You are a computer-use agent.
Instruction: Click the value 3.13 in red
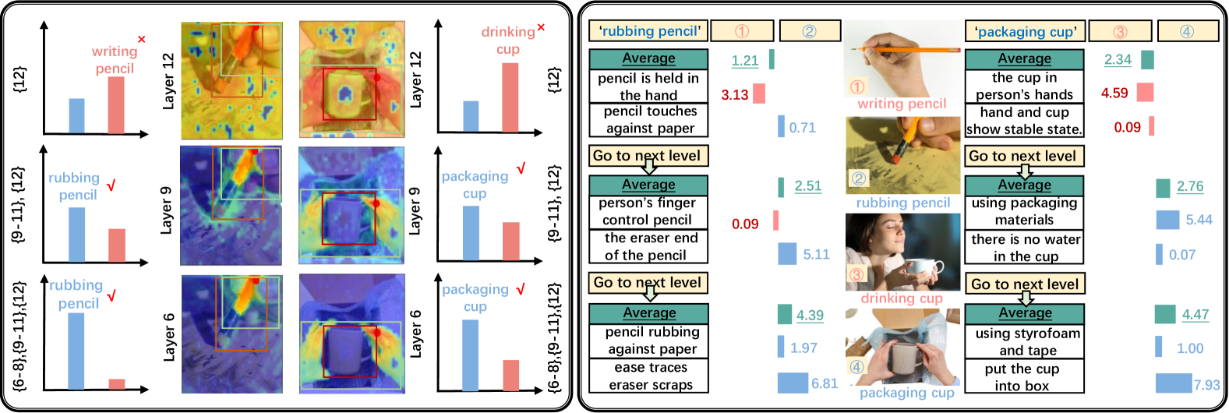pos(734,95)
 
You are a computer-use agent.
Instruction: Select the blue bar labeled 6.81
pos(793,383)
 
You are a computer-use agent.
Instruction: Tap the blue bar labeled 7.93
pos(1174,383)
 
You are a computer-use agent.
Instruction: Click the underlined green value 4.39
pos(809,316)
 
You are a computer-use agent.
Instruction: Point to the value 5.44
pos(1199,220)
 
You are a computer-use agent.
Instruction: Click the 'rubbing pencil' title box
pos(648,31)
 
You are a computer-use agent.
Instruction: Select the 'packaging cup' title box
pos(1025,32)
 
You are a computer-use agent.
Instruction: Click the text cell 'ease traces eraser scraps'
pos(648,376)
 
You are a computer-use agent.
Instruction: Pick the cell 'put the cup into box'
pos(1024,377)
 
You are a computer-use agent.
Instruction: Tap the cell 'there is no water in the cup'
pos(1024,248)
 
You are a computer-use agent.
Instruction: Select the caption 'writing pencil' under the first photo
pos(902,104)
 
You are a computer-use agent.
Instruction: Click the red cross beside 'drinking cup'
pos(541,28)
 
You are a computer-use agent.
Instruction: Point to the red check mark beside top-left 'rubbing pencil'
pos(111,185)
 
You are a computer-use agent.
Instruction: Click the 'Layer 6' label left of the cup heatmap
pos(416,334)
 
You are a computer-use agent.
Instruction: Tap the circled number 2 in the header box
pos(809,31)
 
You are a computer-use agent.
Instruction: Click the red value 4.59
pos(1114,94)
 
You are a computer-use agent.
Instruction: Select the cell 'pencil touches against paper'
pos(648,120)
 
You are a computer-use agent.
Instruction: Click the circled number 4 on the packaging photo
pos(857,366)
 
